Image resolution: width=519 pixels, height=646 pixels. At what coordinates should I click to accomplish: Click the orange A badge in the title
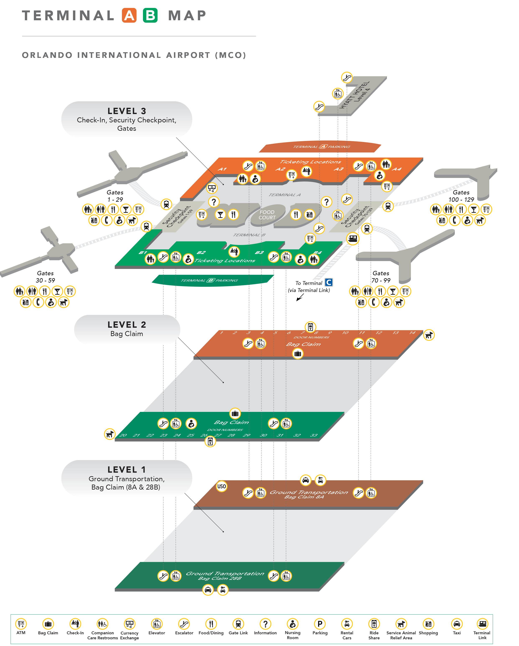[129, 16]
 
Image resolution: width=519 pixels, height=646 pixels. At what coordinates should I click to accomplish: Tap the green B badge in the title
[150, 16]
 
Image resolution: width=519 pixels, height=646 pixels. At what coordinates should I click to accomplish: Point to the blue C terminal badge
[329, 282]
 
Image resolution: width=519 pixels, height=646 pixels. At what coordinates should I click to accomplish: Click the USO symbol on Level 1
[222, 486]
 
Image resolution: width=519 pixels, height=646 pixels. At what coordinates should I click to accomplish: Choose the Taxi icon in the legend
[457, 624]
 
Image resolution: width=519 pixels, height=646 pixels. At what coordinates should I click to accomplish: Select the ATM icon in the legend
[21, 624]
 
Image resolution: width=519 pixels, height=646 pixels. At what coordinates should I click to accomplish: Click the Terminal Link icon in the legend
[482, 624]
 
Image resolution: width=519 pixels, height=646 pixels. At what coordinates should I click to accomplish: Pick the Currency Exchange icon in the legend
[130, 624]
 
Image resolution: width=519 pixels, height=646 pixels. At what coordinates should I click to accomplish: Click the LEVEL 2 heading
[127, 325]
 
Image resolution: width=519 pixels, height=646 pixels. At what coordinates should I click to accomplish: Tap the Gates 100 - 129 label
[461, 196]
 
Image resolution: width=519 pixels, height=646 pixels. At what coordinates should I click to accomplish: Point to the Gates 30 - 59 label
[45, 277]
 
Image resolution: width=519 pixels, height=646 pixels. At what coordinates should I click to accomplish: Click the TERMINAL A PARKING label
[321, 147]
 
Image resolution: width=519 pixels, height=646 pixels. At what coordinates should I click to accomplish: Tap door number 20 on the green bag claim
[123, 435]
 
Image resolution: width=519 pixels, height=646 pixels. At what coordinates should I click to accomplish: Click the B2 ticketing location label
[201, 253]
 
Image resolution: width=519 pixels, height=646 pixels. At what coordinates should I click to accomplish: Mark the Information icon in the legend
[265, 624]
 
